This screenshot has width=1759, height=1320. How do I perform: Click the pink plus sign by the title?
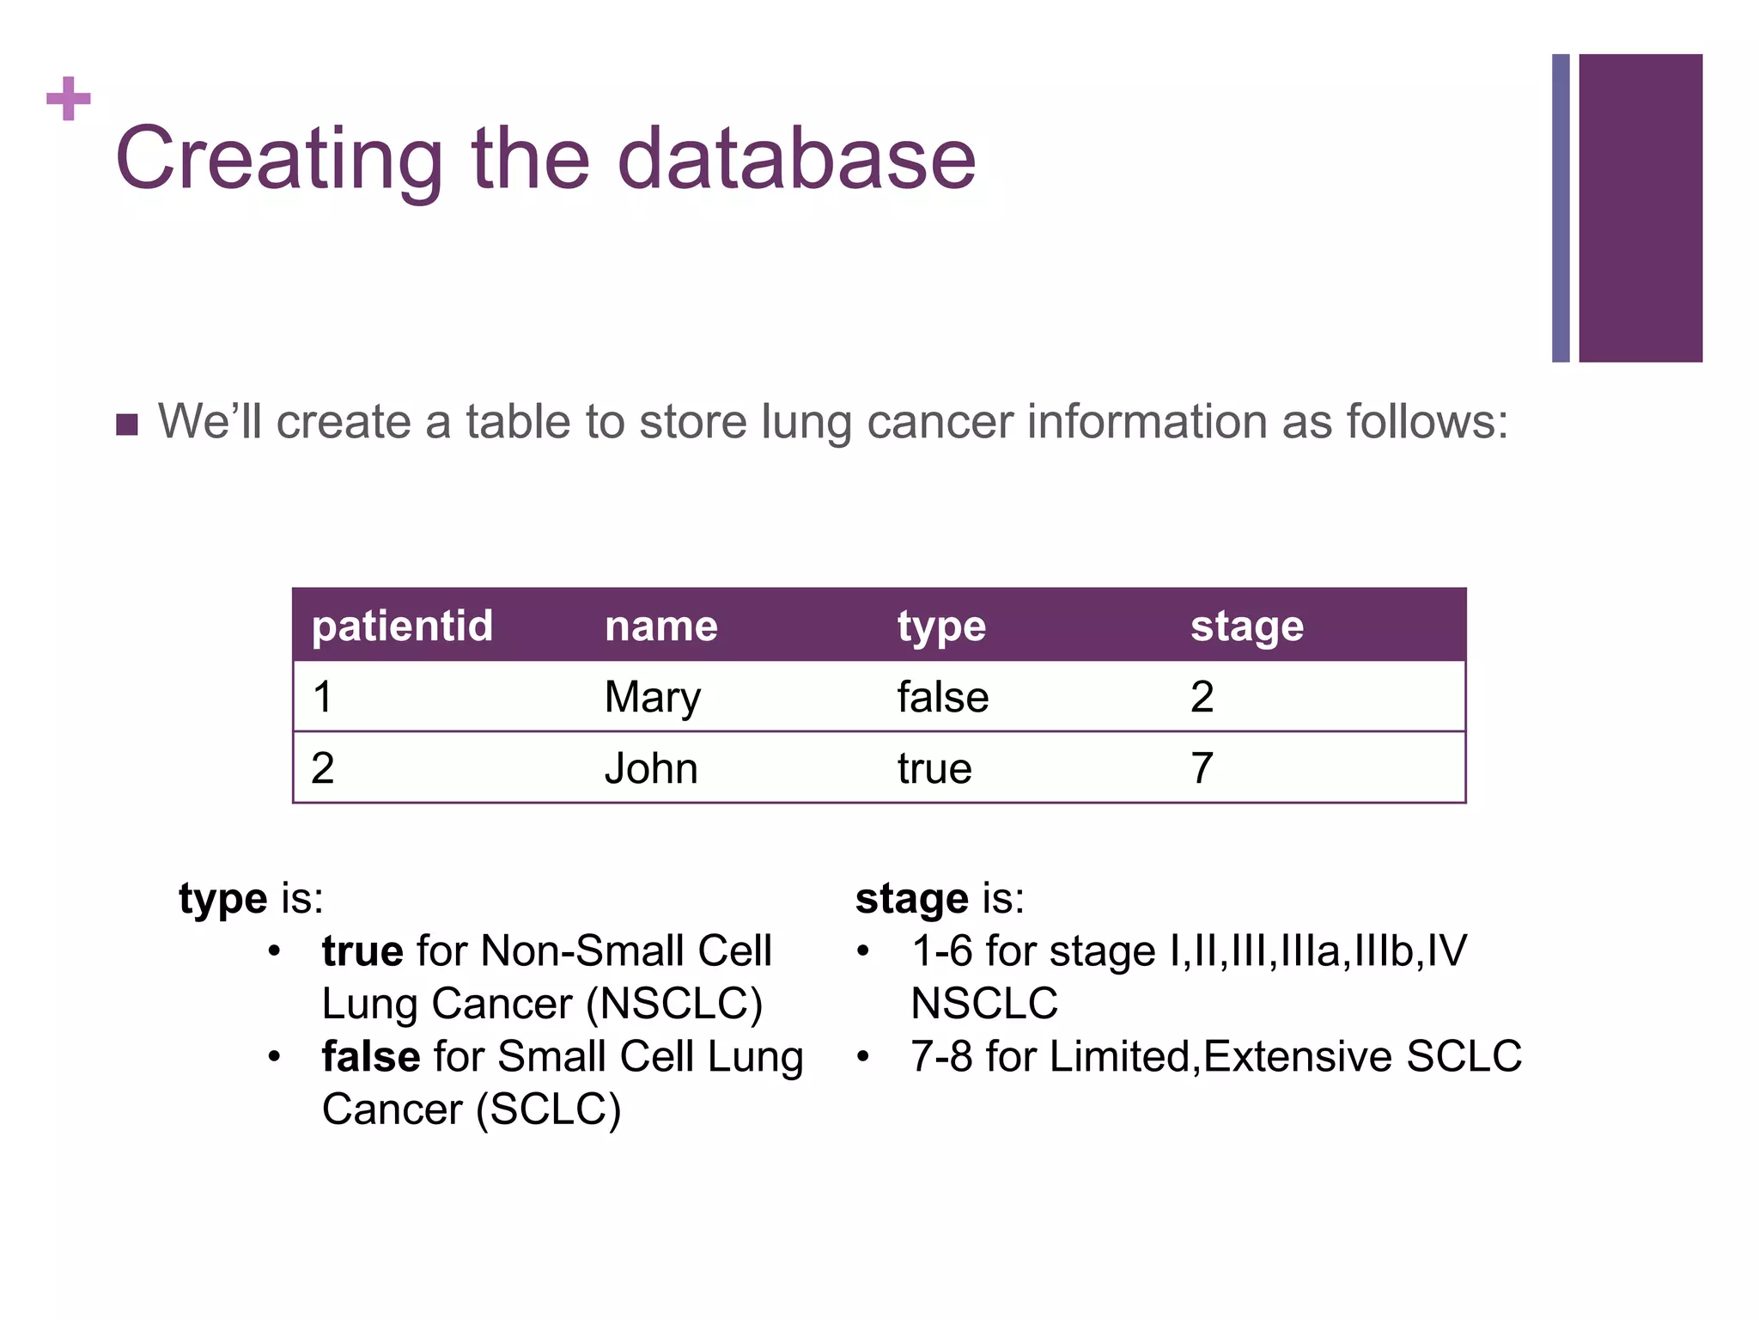[x=69, y=99]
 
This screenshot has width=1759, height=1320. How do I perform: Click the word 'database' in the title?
[x=796, y=159]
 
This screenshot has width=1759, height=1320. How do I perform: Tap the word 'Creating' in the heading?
[x=278, y=161]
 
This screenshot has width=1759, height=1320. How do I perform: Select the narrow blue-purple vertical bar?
[x=1560, y=208]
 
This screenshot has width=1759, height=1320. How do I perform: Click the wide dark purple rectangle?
[x=1640, y=208]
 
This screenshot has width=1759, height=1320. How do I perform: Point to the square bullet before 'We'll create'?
[x=127, y=425]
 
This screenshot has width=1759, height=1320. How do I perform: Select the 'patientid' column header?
[x=402, y=626]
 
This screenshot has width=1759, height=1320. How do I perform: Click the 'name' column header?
[x=660, y=626]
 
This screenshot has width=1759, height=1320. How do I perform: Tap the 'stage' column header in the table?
[x=1246, y=626]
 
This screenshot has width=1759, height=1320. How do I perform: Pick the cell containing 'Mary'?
[x=652, y=697]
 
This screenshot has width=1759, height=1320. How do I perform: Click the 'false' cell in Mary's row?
[x=942, y=697]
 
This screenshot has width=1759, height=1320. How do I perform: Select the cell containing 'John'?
[x=650, y=768]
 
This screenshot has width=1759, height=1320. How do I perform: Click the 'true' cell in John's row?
[x=934, y=768]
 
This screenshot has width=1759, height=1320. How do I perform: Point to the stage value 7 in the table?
[x=1202, y=768]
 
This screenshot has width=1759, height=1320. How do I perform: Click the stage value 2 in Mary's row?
[x=1202, y=697]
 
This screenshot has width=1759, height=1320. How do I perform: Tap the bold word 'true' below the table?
[x=362, y=951]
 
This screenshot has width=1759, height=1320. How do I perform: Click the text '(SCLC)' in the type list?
[x=548, y=1109]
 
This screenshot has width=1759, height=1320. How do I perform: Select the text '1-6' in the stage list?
[x=941, y=951]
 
